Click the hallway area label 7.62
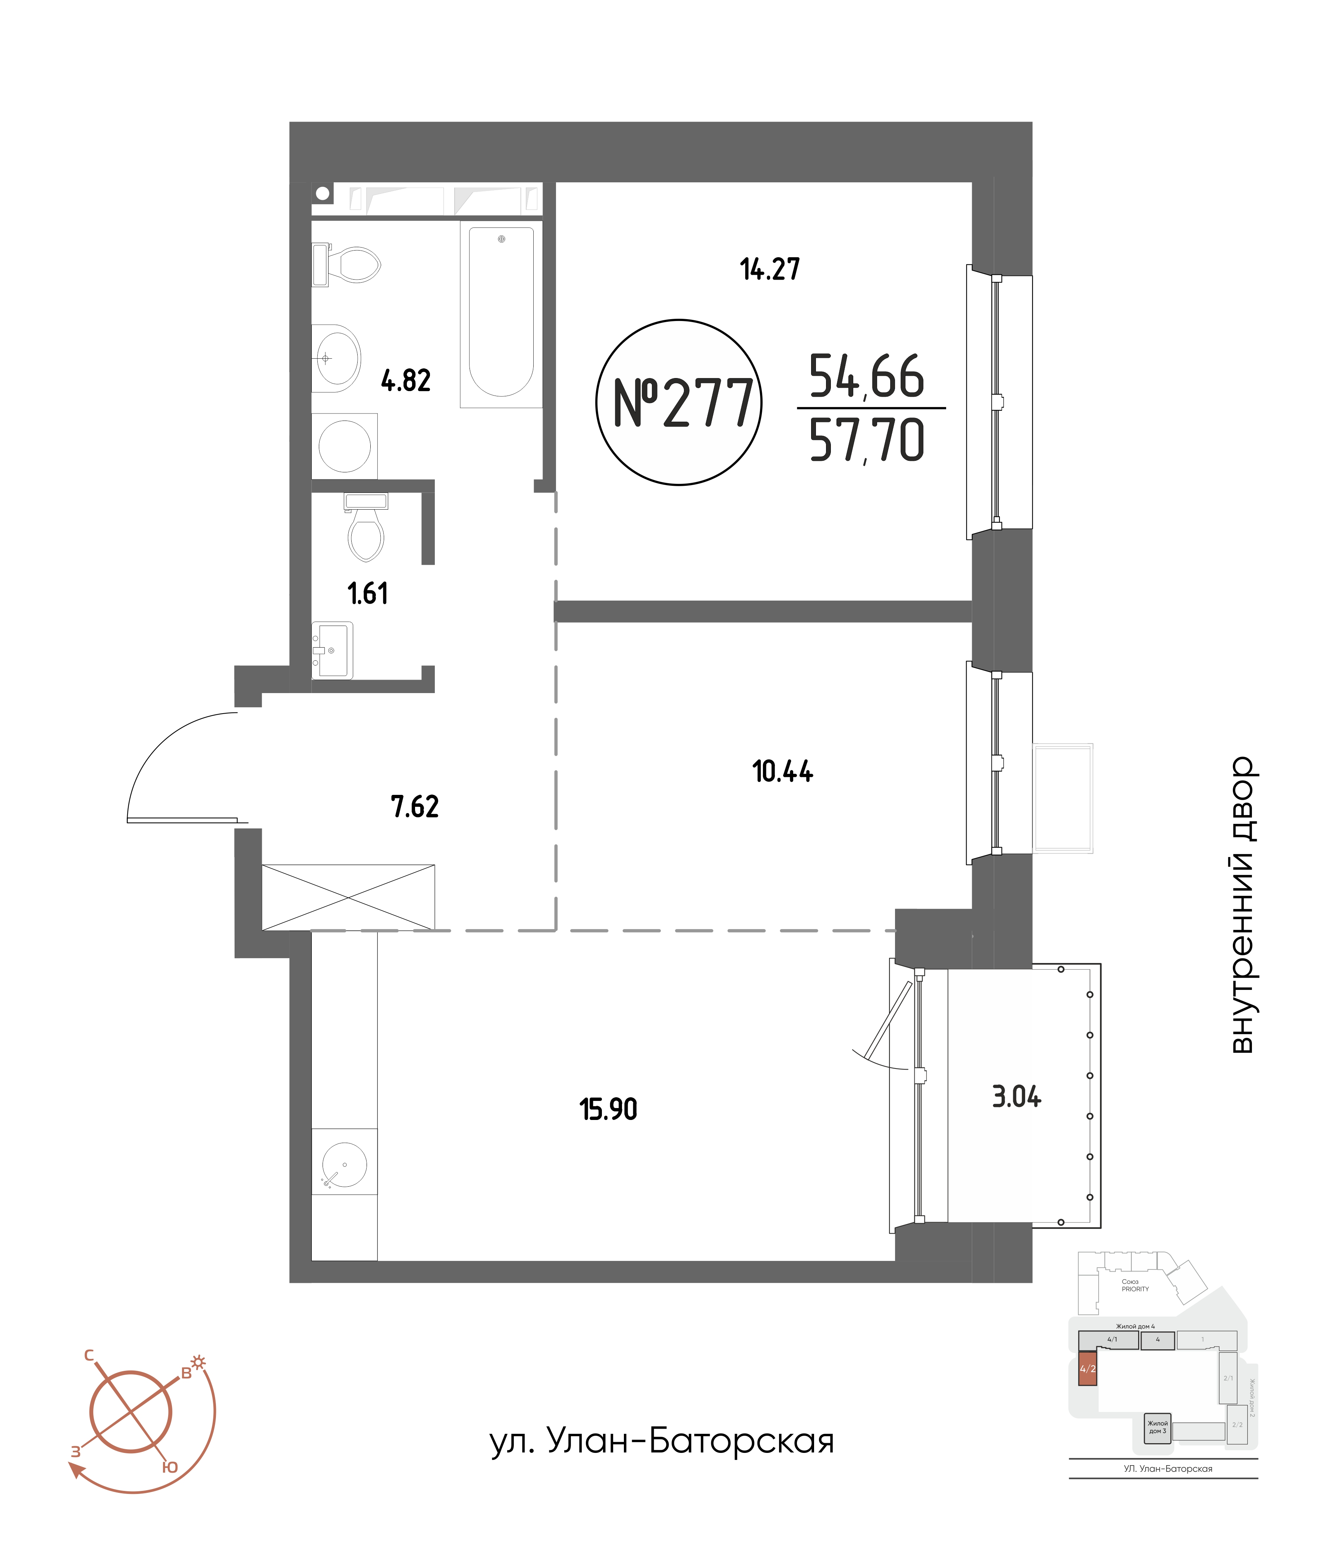(x=415, y=807)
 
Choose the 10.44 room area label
(x=782, y=772)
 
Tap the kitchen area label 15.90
(x=608, y=1110)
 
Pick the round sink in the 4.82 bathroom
(x=336, y=358)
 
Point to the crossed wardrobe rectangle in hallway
(x=348, y=897)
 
